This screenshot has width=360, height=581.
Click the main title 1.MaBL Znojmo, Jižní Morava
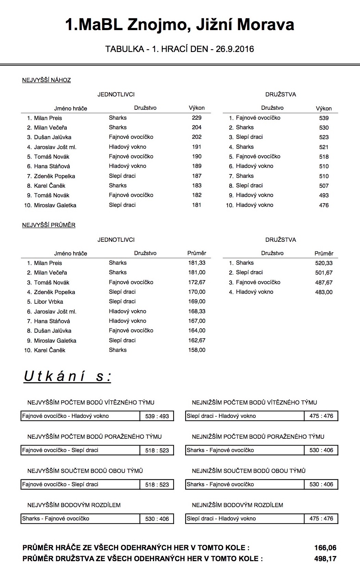(180, 25)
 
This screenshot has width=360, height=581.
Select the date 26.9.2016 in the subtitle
(234, 49)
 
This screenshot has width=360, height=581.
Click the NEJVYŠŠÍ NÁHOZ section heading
(47, 80)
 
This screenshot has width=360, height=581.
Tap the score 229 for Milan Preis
(197, 118)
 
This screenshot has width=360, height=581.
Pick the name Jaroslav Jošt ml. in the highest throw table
(55, 147)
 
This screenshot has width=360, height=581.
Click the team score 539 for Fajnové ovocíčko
(323, 118)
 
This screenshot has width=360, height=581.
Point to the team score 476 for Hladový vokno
(323, 205)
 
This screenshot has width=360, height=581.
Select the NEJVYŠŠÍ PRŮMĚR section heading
(49, 225)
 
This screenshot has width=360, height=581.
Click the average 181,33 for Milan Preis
(197, 263)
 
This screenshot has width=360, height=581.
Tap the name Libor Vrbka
(48, 302)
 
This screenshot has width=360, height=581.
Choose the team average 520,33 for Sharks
(324, 263)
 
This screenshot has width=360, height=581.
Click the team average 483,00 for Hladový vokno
(324, 292)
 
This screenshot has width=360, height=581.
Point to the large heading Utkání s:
(67, 376)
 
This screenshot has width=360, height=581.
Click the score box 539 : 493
(157, 416)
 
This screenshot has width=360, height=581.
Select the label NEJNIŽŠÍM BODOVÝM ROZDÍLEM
(237, 505)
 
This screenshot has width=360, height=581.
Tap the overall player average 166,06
(325, 548)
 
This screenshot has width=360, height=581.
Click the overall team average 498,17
(325, 559)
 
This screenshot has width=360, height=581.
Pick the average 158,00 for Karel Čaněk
(197, 350)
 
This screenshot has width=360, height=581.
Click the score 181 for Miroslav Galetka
(197, 205)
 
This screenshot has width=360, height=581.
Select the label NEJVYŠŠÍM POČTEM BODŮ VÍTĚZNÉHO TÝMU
(91, 402)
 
